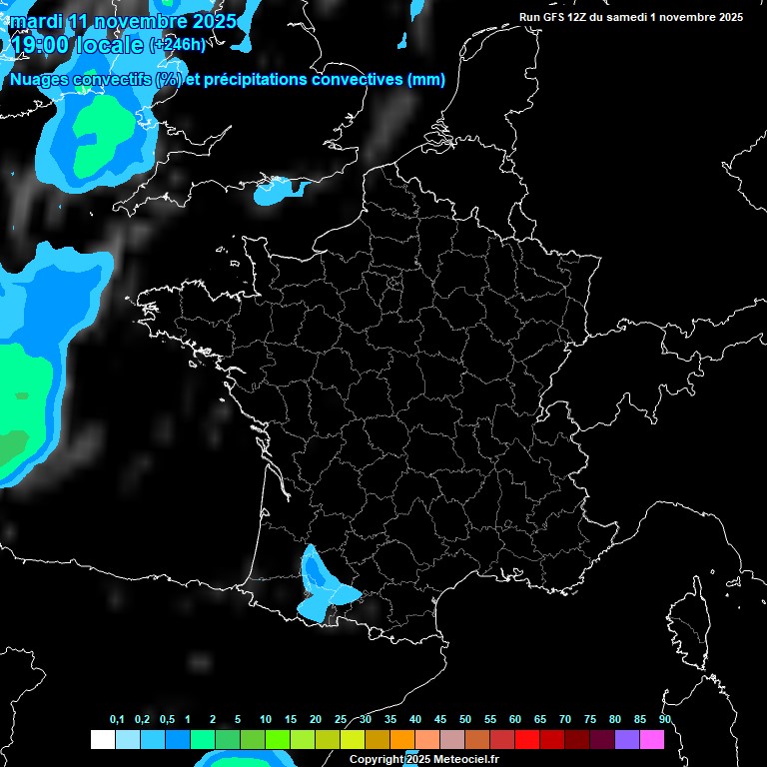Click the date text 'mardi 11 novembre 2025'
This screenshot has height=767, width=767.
click(x=123, y=21)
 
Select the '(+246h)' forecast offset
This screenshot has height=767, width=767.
click(x=177, y=44)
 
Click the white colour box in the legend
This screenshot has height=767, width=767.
click(x=102, y=740)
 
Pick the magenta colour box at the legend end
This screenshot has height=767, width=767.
click(x=652, y=740)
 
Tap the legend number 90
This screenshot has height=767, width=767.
click(x=664, y=719)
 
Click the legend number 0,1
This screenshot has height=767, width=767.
click(x=116, y=719)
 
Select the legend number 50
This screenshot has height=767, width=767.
click(x=464, y=719)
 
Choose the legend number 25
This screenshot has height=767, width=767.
click(x=341, y=719)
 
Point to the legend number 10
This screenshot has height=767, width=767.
click(x=265, y=719)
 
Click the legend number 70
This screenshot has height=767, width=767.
click(x=564, y=719)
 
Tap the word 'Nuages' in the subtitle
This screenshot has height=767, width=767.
click(x=43, y=80)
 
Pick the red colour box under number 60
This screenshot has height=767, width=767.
click(x=527, y=740)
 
